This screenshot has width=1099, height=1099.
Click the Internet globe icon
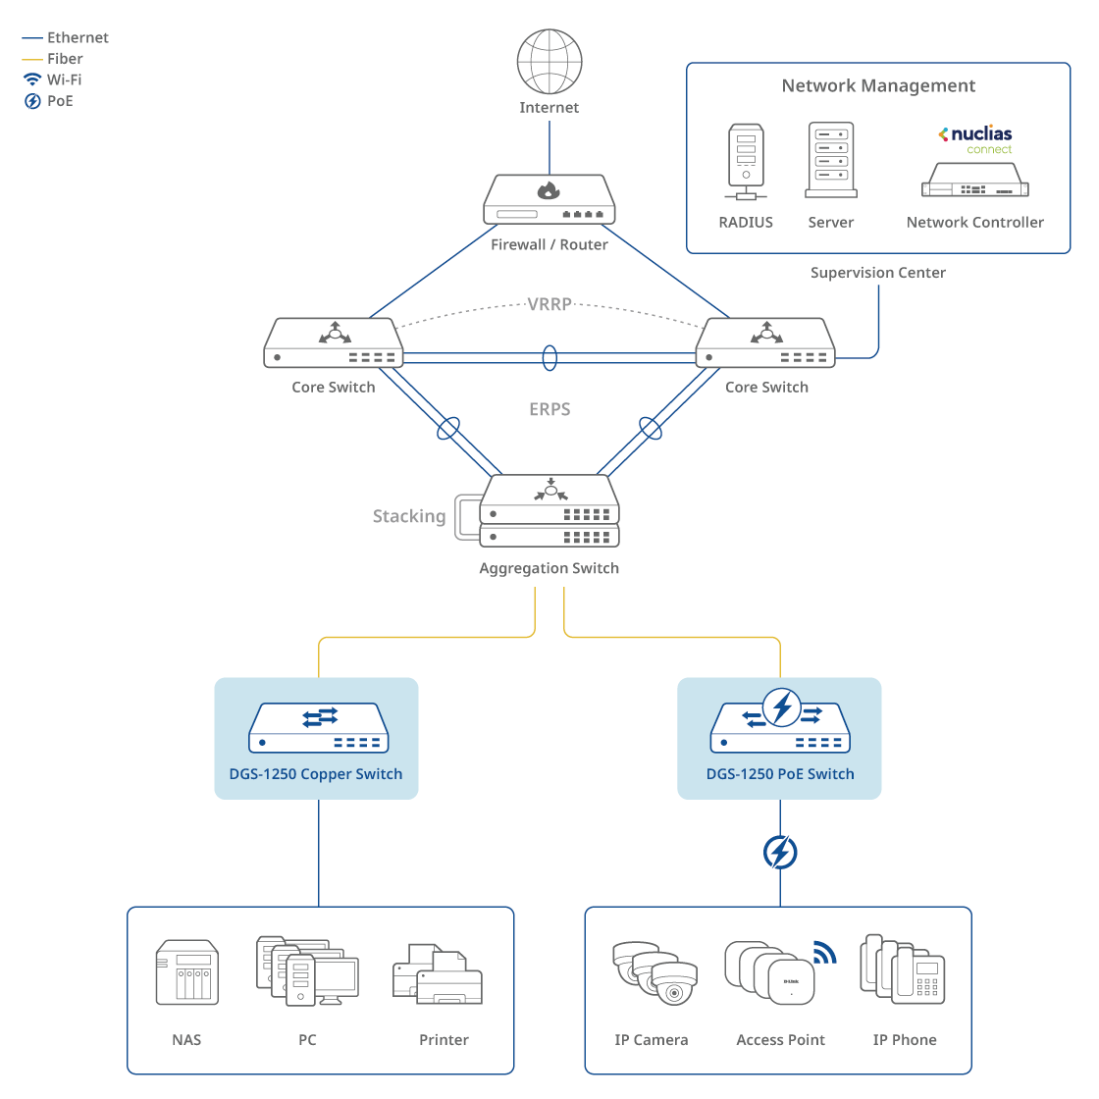(x=549, y=61)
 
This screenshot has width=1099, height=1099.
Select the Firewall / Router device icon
(x=549, y=200)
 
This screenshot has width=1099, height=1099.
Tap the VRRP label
(x=549, y=304)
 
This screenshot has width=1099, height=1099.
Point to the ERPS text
(x=549, y=409)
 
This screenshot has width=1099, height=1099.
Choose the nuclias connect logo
(x=976, y=139)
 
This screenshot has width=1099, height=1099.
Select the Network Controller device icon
(x=975, y=179)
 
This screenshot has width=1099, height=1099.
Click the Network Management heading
(x=878, y=86)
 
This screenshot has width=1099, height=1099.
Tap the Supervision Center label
(x=878, y=273)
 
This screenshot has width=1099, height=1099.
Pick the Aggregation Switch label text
(x=549, y=568)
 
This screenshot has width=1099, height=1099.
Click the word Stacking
(x=409, y=516)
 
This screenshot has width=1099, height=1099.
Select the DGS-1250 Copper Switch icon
(x=319, y=728)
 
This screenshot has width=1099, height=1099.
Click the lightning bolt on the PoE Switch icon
(x=782, y=707)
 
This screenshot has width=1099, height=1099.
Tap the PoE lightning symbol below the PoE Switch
(x=780, y=853)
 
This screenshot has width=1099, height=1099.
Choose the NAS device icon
(x=187, y=972)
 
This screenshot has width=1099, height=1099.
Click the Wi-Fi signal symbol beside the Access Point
(x=824, y=951)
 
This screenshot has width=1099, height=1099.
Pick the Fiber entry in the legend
(x=65, y=59)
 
